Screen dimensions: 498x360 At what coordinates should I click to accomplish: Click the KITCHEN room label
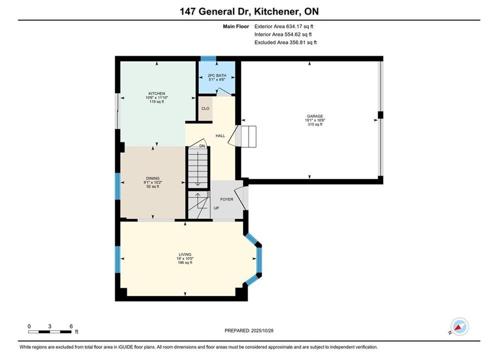tap(157, 93)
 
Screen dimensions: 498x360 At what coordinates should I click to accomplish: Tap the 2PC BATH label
tap(217, 75)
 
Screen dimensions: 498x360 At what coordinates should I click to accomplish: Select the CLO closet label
tap(206, 108)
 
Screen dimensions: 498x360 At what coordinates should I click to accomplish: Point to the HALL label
tap(220, 136)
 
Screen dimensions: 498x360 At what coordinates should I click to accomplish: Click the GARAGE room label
tap(315, 116)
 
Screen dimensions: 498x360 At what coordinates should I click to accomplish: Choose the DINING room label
tap(153, 178)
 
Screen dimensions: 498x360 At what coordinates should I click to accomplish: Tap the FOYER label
tap(227, 199)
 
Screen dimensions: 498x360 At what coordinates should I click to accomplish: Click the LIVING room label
tap(185, 254)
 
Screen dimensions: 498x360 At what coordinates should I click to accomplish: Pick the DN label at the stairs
tap(202, 146)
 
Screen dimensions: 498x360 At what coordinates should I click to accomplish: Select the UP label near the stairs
tap(216, 208)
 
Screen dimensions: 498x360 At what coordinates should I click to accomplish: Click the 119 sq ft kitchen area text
tap(157, 102)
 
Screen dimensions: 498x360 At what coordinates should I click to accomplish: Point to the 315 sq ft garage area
tap(315, 124)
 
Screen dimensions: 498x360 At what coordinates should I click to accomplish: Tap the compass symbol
tap(459, 326)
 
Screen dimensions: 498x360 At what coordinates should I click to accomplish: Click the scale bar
tap(50, 332)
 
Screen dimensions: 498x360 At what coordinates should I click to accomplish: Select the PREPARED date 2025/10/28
tap(249, 330)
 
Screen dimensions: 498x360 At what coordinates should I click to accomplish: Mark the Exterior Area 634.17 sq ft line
tap(284, 26)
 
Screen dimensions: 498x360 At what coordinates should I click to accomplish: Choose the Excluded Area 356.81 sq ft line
tap(285, 42)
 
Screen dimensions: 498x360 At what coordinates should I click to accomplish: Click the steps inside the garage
tap(249, 136)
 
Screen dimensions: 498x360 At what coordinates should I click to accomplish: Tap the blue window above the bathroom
tap(208, 58)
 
